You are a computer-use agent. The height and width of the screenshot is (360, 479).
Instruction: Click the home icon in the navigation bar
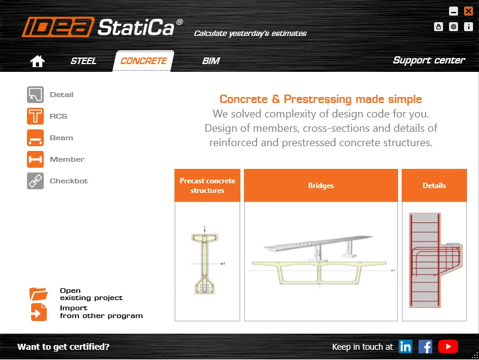coord(38,61)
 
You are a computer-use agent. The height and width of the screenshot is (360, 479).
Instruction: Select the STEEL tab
coord(83,61)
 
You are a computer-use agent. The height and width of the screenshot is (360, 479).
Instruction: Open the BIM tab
coord(211,61)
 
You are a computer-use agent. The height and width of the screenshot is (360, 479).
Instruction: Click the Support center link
coord(429,60)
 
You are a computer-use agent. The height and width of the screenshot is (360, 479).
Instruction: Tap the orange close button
coord(468,11)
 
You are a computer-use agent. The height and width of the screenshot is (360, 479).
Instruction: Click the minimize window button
coord(453,11)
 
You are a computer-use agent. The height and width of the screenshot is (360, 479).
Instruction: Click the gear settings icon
coord(453,26)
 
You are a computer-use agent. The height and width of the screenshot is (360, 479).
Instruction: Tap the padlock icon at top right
coord(438,26)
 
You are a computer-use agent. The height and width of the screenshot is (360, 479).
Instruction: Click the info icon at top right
coord(468,26)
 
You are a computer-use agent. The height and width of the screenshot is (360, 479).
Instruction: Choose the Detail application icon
coord(35,95)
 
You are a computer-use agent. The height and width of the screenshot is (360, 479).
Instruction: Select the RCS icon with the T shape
coord(35,116)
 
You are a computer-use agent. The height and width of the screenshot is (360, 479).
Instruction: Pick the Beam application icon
coord(35,138)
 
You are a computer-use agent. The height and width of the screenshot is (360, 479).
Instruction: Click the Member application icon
coord(35,159)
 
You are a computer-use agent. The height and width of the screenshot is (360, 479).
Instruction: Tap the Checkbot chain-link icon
coord(35,181)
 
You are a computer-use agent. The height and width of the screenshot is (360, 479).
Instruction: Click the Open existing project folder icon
coord(38,294)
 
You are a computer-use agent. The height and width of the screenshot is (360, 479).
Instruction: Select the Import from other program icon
coord(39,312)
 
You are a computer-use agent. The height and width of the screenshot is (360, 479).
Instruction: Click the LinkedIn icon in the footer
coord(405,347)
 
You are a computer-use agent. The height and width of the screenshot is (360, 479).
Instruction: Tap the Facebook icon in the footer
coord(425,347)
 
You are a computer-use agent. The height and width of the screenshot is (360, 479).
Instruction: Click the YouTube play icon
coord(448,347)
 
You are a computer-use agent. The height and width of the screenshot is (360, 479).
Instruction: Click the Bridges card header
coord(321,185)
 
